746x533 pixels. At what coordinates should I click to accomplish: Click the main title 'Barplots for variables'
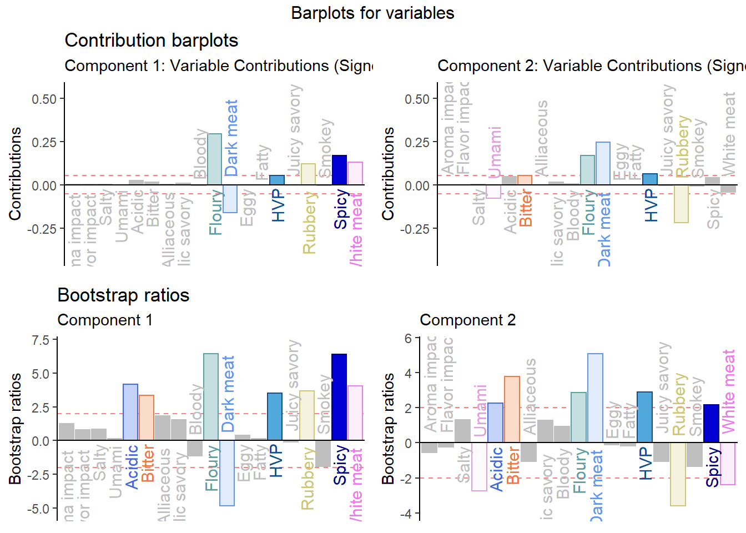[x=372, y=13]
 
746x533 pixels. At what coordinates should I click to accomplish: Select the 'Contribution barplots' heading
[x=151, y=41]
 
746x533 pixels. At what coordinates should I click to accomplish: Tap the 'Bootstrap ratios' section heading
[x=123, y=295]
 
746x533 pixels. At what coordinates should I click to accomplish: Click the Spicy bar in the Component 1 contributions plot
[x=339, y=170]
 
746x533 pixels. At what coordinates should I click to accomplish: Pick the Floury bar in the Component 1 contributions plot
[x=214, y=159]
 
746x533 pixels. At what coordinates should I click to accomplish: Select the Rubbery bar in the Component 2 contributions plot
[x=681, y=204]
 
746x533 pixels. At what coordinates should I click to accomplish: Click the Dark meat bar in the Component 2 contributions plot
[x=603, y=164]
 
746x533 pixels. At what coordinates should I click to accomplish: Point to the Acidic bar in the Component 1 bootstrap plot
[x=130, y=412]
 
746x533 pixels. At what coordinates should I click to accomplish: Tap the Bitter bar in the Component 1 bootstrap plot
[x=147, y=418]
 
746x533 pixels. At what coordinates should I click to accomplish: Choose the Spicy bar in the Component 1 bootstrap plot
[x=339, y=397]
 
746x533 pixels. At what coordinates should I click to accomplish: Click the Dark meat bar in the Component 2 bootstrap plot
[x=595, y=398]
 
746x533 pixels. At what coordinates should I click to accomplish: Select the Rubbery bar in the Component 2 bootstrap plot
[x=678, y=474]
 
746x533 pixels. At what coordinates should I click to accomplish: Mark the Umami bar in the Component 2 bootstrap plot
[x=479, y=466]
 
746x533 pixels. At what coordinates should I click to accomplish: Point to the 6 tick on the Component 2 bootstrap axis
[x=409, y=338]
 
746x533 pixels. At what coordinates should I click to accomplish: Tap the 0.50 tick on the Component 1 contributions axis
[x=44, y=99]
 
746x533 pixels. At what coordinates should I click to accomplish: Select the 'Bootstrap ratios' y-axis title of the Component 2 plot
[x=388, y=428]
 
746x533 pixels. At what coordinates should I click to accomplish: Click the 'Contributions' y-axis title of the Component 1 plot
[x=15, y=173]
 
